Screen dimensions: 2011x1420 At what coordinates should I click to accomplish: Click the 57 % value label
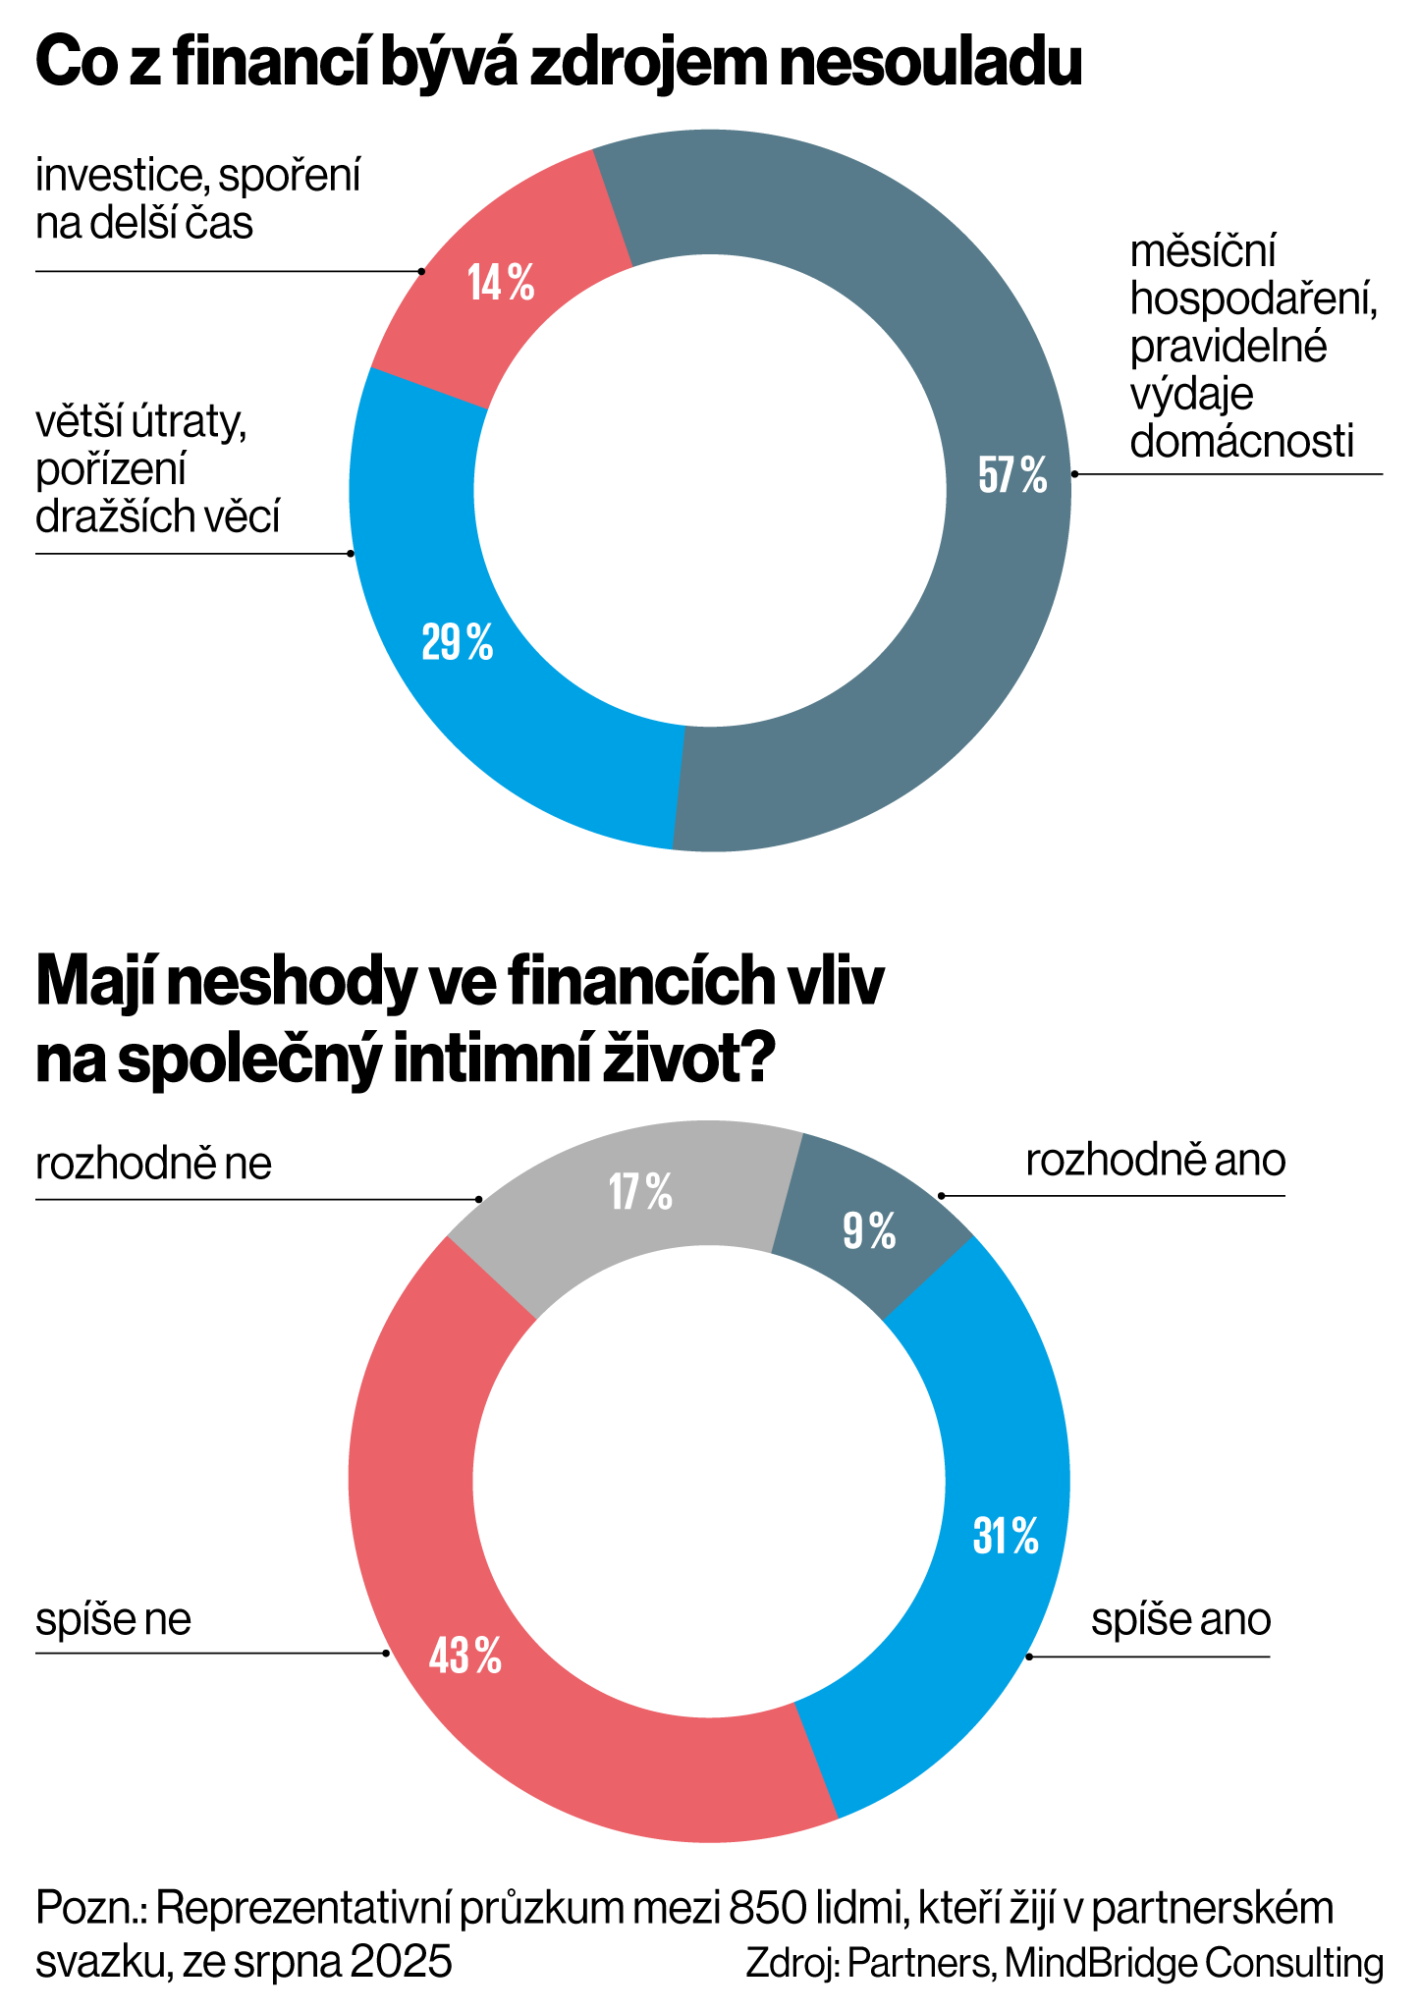pos(1012,476)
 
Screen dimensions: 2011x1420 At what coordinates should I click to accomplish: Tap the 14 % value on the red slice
pos(501,284)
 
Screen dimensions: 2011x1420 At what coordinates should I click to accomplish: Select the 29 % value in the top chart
pos(457,643)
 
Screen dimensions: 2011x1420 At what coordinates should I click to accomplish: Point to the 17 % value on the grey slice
pos(640,1192)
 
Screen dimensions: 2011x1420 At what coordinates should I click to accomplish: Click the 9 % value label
pos(869,1231)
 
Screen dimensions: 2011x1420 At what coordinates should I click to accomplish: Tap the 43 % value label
pos(464,1657)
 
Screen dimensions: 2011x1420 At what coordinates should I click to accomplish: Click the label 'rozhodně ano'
pos(1155,1161)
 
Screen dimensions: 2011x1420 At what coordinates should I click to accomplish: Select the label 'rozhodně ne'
pos(154,1165)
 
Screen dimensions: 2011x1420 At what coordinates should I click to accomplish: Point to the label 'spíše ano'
pos(1180,1619)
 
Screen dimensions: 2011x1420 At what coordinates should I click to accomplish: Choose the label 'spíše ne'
pos(114,1619)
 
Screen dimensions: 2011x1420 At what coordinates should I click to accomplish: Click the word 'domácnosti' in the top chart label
pos(1241,442)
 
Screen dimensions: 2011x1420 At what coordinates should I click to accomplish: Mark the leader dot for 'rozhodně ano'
pos(941,1196)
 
